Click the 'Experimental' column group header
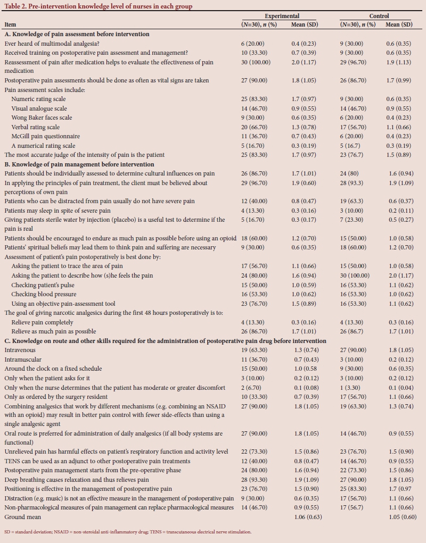282,16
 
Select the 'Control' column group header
379,16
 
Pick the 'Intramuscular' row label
23,360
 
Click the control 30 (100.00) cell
355,275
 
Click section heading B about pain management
79,164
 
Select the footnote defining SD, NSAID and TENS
128,531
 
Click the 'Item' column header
10,25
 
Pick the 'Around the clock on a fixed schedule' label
53,369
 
